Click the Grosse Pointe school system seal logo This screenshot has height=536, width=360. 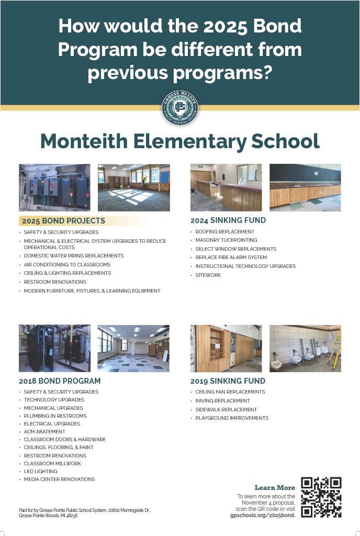pos(179,107)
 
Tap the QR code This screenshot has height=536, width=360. pos(321,497)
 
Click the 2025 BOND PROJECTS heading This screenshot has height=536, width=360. pos(63,221)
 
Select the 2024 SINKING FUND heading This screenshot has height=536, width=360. pos(228,220)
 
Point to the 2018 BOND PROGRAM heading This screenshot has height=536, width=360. pos(60,381)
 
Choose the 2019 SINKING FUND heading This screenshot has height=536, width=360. pos(228,381)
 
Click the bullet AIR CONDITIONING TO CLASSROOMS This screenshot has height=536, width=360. pos(67,264)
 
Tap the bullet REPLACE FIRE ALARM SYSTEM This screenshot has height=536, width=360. pos(231,258)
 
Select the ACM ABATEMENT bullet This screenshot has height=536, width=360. pos(44,432)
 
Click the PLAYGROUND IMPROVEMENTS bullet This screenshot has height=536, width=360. pos(232,418)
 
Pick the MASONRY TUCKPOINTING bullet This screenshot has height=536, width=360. pos(226,240)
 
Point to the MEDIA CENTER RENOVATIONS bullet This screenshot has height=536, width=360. pos(59,479)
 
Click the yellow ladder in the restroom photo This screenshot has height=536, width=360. pos(334,348)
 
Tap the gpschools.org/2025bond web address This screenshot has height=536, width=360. pos(263,515)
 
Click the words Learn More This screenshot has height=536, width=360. pos(275,488)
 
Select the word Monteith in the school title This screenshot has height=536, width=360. pos(84,141)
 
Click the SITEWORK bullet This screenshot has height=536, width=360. pos(208,275)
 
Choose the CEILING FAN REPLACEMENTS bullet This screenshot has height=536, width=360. pos(230,392)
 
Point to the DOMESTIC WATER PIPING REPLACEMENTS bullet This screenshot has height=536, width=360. pos(73,256)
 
